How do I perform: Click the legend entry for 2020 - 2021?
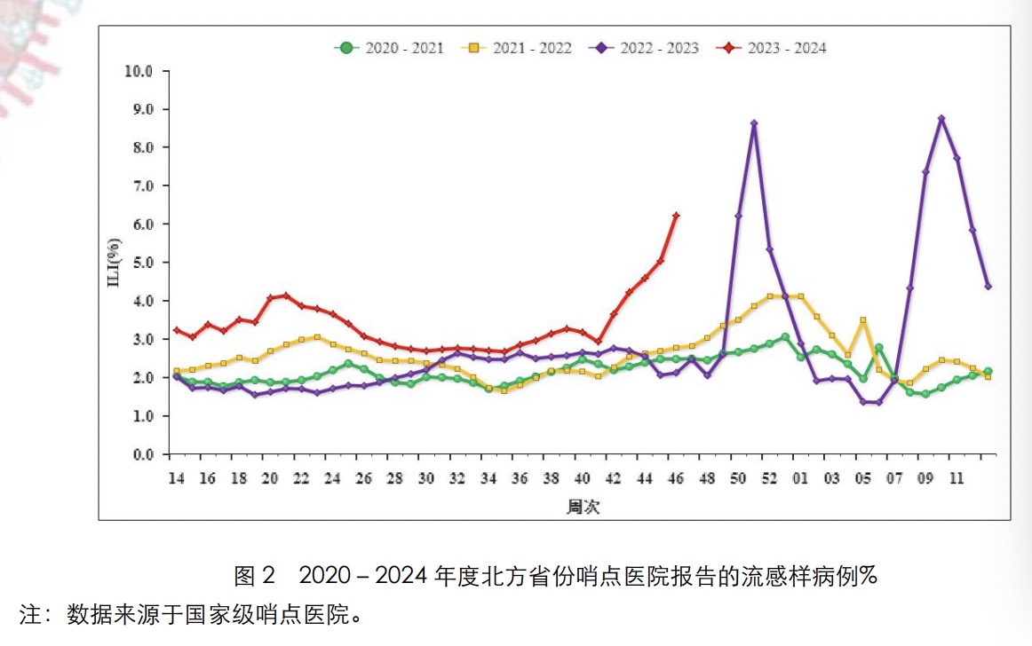[389, 48]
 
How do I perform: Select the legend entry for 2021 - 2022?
[518, 48]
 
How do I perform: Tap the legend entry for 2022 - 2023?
[646, 48]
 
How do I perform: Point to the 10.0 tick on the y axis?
[141, 71]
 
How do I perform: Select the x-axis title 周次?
[582, 507]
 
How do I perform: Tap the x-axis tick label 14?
[176, 478]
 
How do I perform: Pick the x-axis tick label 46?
[676, 478]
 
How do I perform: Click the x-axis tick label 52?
[769, 478]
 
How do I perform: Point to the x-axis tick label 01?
[800, 478]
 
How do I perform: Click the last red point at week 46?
[676, 216]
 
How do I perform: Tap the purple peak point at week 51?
[754, 124]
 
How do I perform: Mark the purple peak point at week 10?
[941, 119]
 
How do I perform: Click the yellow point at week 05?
[863, 320]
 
